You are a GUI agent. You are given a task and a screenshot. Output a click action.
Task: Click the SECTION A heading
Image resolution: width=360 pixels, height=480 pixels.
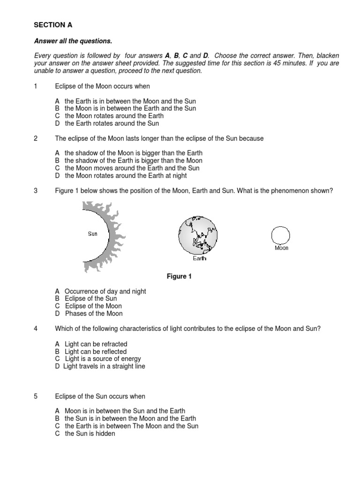tap(53, 25)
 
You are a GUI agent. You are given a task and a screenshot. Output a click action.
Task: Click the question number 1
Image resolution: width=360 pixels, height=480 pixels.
tap(36, 87)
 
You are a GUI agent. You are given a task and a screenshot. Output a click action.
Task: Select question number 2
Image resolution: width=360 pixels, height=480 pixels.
tap(36, 139)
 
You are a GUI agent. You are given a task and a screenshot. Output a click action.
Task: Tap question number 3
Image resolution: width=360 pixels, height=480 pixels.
tap(36, 190)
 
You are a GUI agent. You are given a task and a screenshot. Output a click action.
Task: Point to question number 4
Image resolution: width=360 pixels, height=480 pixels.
tap(36, 329)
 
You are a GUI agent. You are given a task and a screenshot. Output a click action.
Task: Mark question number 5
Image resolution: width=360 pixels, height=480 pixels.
tap(36, 396)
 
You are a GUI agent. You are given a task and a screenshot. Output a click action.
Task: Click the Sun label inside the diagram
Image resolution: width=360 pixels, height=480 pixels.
tap(93, 233)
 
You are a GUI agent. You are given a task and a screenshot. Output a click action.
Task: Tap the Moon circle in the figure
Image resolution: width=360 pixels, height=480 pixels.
tap(281, 235)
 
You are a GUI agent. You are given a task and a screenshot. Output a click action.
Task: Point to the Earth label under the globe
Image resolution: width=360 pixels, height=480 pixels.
tap(200, 258)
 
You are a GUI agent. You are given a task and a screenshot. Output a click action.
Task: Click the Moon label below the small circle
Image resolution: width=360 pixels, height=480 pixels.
tap(281, 248)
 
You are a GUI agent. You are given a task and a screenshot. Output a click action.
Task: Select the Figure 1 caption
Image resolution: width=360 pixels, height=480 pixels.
tap(180, 277)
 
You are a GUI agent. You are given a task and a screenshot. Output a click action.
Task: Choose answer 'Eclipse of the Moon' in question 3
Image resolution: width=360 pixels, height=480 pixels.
tap(93, 306)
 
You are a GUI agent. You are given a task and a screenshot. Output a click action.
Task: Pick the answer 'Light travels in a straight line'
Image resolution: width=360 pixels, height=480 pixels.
tap(104, 366)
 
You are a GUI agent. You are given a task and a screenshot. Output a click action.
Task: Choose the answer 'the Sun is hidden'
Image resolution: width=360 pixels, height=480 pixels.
tap(90, 434)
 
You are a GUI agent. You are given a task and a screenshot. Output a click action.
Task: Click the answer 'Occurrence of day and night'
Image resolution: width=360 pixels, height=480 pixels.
tap(105, 291)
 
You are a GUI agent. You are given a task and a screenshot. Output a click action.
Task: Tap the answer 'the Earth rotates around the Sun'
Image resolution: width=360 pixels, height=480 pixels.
tap(112, 123)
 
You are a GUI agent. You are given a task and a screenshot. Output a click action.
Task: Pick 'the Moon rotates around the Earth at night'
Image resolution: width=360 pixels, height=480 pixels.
tap(126, 175)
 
